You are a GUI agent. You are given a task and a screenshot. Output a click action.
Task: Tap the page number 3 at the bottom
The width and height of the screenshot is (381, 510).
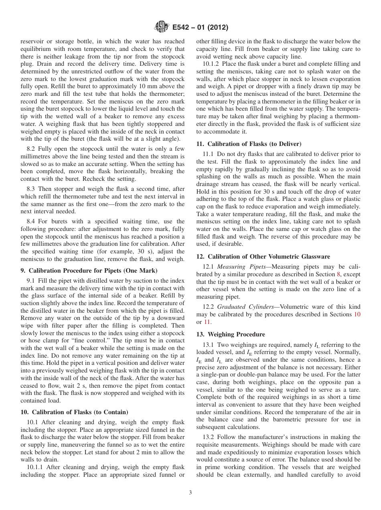pyautogui.click(x=190, y=493)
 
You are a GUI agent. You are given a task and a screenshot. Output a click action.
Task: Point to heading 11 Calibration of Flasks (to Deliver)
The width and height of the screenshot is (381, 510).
pyautogui.click(x=249, y=144)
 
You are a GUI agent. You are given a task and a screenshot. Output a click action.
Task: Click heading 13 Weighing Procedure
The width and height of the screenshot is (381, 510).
pyautogui.click(x=231, y=334)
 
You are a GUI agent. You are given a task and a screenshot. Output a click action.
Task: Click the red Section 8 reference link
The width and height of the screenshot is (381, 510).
pyautogui.click(x=340, y=274)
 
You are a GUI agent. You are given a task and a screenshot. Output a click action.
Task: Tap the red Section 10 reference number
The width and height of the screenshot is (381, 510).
pyautogui.click(x=357, y=314)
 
